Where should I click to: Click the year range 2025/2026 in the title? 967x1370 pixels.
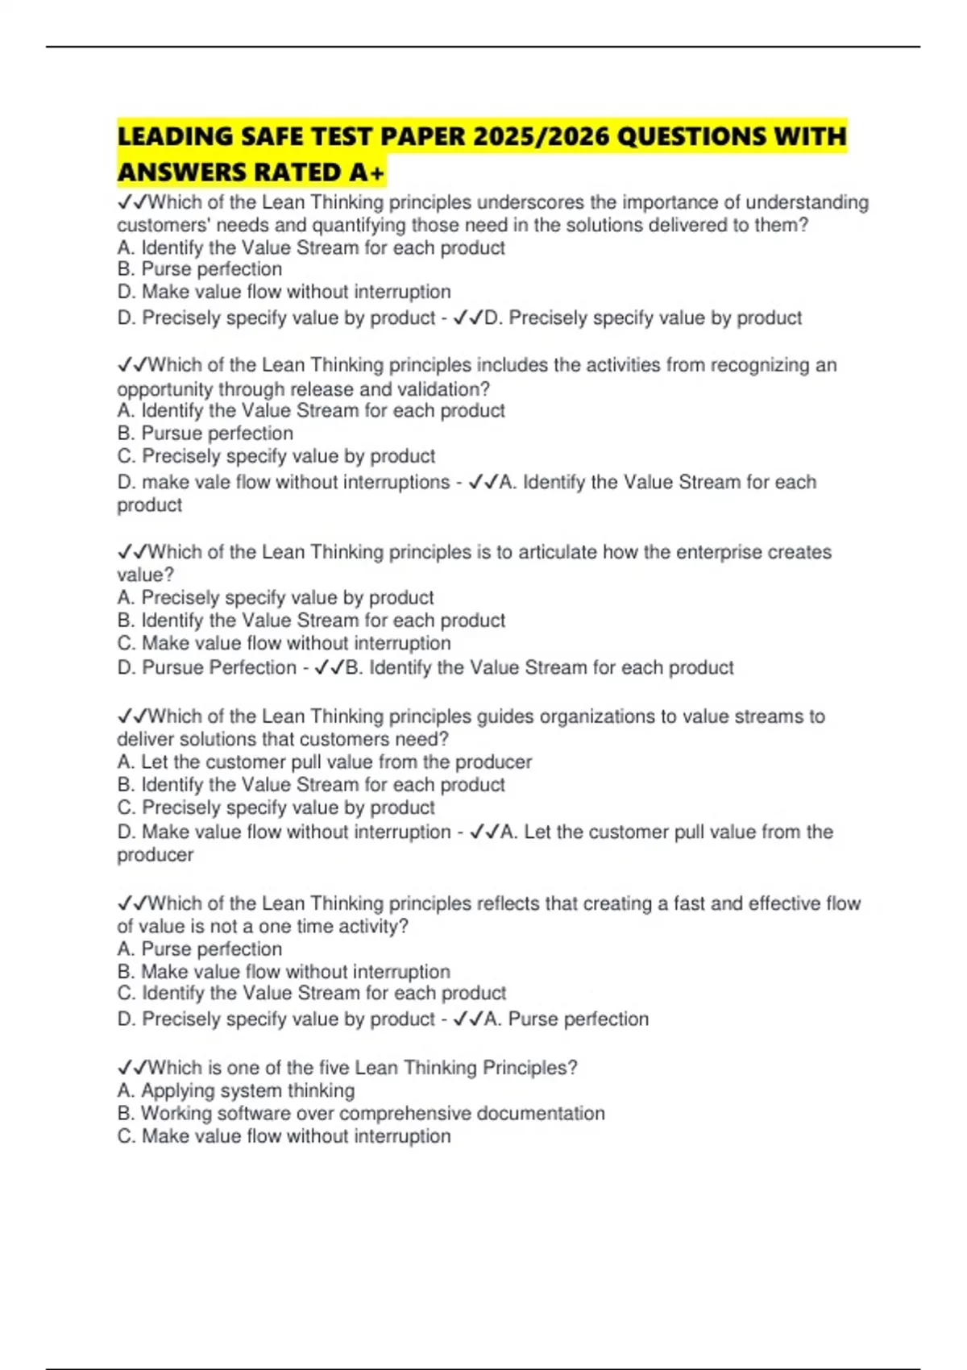click(x=540, y=136)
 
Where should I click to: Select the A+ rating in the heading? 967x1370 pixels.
click(x=367, y=172)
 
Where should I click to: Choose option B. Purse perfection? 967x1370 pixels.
click(x=200, y=269)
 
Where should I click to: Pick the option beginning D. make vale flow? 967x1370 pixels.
click(x=284, y=482)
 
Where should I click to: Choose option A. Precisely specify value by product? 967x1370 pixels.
click(x=276, y=598)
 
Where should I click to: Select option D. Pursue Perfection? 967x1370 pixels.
click(x=207, y=668)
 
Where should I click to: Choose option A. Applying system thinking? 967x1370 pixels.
click(x=236, y=1091)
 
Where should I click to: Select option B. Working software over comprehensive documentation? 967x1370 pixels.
click(x=361, y=1114)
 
